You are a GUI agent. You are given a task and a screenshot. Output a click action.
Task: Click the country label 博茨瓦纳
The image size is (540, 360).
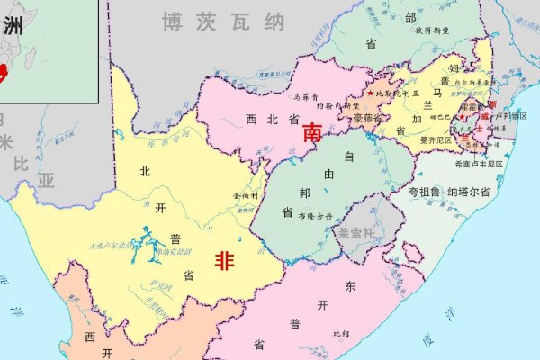(222, 22)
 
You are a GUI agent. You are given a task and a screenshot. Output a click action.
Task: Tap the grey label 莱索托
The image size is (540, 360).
(358, 232)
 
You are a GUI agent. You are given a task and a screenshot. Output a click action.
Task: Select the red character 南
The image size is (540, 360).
(313, 133)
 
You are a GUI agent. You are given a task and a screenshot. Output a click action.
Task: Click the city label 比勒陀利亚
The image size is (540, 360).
(397, 94)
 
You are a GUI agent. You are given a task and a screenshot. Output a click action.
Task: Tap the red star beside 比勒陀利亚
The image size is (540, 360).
(369, 93)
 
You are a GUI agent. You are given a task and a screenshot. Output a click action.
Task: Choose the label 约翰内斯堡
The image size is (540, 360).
(340, 106)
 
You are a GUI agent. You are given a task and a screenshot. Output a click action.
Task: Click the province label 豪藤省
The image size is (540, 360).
(369, 118)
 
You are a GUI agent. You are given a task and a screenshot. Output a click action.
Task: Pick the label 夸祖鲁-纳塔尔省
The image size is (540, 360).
(449, 193)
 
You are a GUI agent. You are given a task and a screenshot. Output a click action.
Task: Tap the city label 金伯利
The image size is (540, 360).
(246, 193)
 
